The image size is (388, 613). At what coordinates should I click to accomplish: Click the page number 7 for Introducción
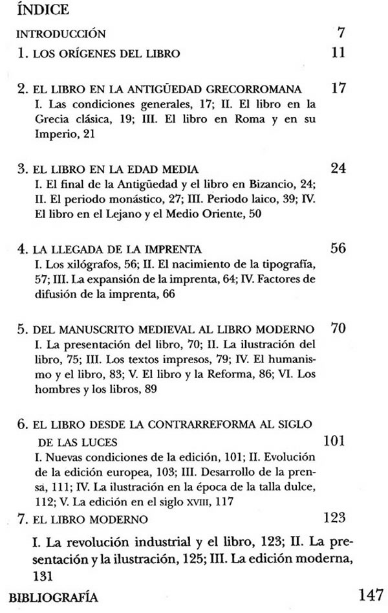click(341, 32)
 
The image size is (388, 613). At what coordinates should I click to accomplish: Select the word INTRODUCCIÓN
click(60, 34)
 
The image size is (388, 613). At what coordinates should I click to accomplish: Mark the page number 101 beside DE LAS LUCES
click(335, 441)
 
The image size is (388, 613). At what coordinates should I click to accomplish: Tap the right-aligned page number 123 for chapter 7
click(334, 517)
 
